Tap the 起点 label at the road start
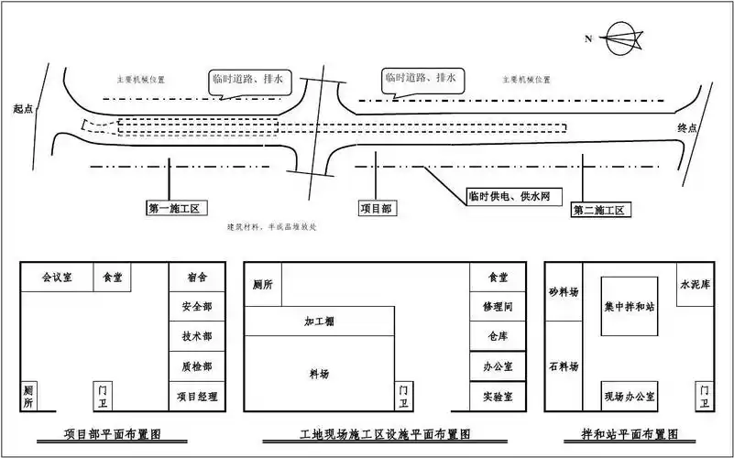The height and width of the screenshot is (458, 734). point(23,108)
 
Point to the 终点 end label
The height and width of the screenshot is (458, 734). point(688,127)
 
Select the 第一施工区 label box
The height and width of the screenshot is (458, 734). point(179,208)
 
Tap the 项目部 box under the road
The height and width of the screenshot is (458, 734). point(377,208)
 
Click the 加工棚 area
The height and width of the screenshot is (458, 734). point(319,322)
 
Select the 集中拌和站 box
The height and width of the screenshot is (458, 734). point(629,307)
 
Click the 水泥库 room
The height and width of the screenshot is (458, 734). point(694,285)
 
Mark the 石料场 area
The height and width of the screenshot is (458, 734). point(564,366)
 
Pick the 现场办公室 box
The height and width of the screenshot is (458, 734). point(629,395)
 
